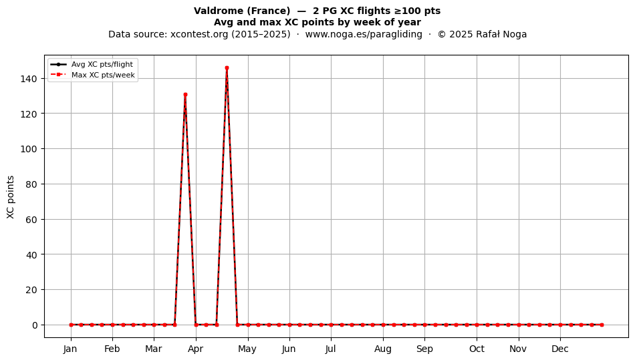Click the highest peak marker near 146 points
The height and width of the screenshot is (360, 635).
227,68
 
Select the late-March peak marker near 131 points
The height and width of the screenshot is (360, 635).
185,95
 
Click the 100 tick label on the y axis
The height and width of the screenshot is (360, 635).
29,149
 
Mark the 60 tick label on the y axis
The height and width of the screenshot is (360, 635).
31,219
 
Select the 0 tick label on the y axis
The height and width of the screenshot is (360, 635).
35,325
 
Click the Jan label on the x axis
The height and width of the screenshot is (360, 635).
70,349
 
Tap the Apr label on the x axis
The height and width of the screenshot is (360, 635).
196,349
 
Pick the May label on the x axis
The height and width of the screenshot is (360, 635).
247,349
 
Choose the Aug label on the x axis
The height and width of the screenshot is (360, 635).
383,349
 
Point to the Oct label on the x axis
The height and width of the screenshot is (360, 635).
477,349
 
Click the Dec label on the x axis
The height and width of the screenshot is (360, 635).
560,349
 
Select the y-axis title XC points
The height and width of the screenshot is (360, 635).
11,197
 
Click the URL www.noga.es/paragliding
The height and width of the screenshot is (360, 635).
364,34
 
